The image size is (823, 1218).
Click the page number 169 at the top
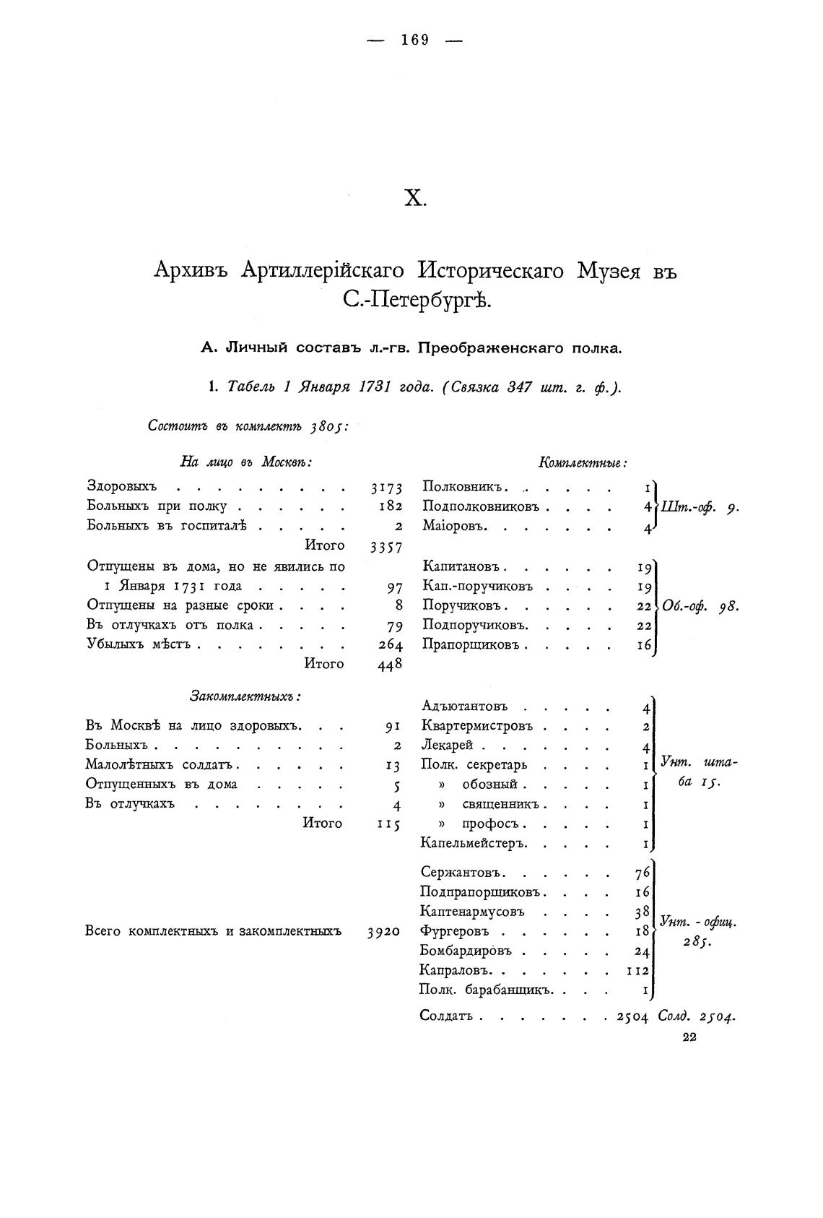click(x=415, y=40)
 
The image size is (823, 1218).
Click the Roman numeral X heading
click(x=414, y=199)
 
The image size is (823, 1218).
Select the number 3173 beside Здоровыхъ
click(x=386, y=488)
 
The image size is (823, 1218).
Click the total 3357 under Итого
click(x=386, y=547)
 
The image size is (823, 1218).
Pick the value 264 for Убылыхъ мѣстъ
click(x=391, y=645)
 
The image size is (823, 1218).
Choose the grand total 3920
click(x=383, y=932)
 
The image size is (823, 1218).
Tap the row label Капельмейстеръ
click(x=474, y=842)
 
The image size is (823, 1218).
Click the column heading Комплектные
click(x=583, y=463)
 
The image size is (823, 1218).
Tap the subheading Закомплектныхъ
click(x=245, y=696)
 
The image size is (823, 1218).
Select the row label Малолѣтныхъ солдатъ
click(x=162, y=764)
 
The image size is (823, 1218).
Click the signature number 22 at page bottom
click(x=689, y=1038)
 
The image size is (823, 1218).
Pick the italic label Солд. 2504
click(x=697, y=1016)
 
